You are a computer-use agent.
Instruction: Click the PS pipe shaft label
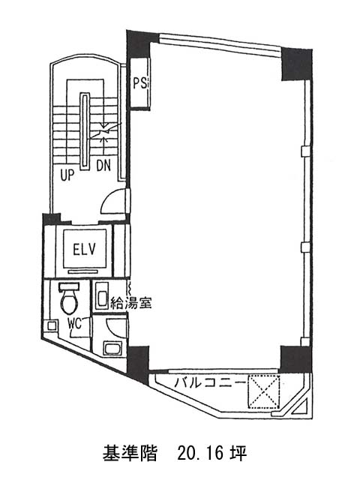tap(140, 82)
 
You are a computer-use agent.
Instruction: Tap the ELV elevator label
tap(85, 249)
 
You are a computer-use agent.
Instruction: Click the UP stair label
tap(67, 175)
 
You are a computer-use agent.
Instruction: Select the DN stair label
tap(103, 166)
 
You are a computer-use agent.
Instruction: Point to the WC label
tap(75, 323)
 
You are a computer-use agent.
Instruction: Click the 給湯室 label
tap(130, 303)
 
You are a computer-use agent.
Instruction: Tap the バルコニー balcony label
tap(210, 383)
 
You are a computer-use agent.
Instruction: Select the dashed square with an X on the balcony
tap(264, 392)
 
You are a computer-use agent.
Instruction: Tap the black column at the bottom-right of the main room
tap(295, 359)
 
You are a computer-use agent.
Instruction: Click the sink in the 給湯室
tap(101, 296)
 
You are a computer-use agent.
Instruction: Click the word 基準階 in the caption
tap(130, 453)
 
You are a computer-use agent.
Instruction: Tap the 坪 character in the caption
tap(238, 453)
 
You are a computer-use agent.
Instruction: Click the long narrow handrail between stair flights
tap(85, 132)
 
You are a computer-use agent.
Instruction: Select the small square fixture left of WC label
tap(52, 325)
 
